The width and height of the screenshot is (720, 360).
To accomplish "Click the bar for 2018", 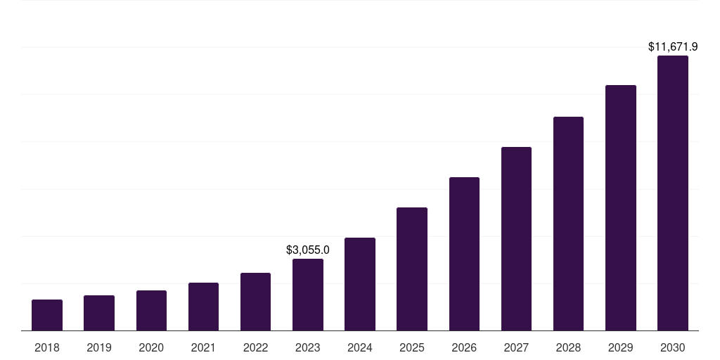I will point(47,315).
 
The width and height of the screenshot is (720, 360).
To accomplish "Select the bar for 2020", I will point(151,310).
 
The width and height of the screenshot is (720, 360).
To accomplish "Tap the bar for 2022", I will point(255,302).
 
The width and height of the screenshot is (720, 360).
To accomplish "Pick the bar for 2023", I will point(308,295).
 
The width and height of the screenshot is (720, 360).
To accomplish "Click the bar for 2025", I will point(412,269).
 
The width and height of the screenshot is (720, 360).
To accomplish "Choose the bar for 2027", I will point(516,238).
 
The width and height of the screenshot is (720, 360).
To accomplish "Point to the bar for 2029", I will point(620,207).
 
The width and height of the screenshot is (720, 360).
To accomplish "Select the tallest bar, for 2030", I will point(673,193).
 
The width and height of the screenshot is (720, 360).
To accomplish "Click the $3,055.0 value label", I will point(308,250).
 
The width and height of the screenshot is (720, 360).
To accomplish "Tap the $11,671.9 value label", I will point(673,47).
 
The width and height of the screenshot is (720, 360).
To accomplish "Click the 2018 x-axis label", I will point(47,347).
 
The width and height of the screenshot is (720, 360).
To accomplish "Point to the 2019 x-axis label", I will point(99,347).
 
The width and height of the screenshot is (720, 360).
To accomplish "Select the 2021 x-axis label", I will point(203,347).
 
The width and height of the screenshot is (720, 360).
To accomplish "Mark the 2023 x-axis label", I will point(308,347).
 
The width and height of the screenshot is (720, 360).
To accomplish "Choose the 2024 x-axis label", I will point(360,347).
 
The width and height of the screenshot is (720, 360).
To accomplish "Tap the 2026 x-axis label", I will point(464,347).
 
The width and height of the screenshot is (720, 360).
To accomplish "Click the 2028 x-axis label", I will point(568,347).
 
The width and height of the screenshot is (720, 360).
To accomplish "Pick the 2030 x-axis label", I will point(673,347).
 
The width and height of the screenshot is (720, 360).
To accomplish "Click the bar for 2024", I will point(360,284).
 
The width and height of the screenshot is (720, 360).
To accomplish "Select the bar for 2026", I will point(464,254).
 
